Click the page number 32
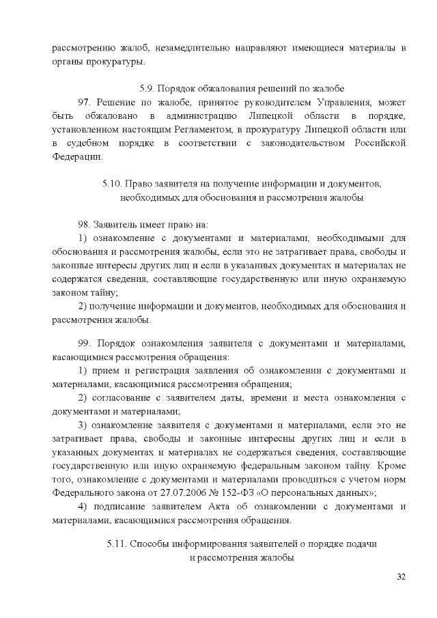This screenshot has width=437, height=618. (x=401, y=578)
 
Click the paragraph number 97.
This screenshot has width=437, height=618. (x=85, y=102)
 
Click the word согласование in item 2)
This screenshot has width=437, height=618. (x=122, y=397)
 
